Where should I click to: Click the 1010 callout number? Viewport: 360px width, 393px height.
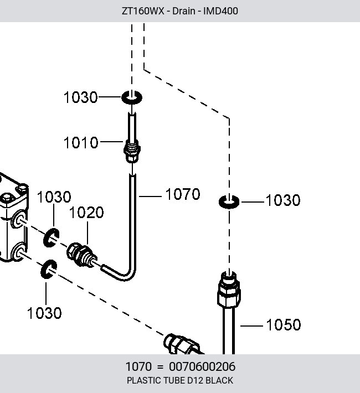coord(81,143)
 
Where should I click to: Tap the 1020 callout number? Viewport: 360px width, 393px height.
coord(86,213)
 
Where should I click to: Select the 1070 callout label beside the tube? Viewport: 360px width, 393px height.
coord(183,194)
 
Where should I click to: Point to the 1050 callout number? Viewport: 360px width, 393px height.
coord(284,325)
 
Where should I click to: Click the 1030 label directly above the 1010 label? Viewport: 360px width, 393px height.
coord(80,97)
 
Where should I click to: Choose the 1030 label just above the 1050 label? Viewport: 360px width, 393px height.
coord(283,200)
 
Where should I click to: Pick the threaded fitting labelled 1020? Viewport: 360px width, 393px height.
coord(82,255)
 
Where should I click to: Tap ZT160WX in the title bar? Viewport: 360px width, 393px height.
coord(143,11)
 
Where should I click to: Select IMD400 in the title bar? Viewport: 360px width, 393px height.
coord(220,11)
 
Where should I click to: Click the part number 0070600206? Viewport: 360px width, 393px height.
coord(202,366)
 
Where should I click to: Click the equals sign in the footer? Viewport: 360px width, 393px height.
coord(160,367)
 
